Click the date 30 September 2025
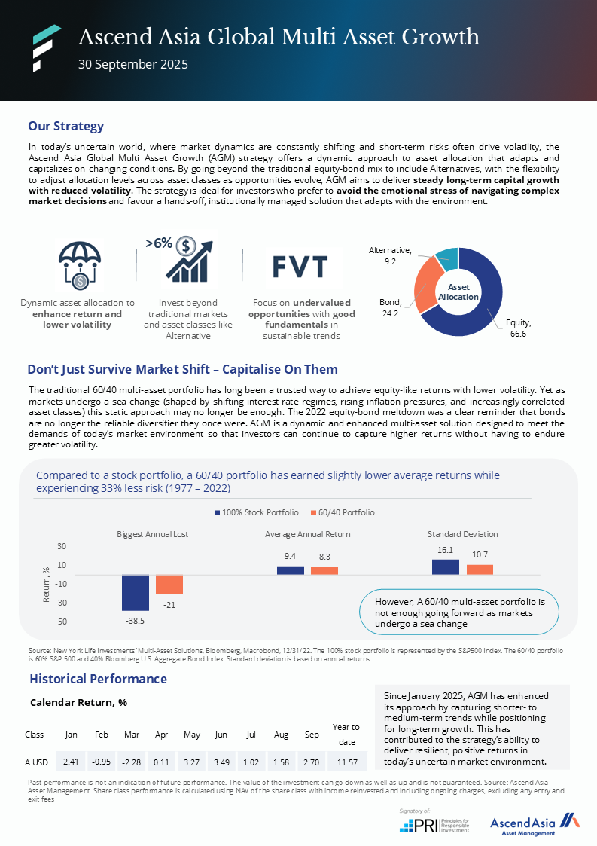click(x=133, y=64)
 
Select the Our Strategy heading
click(x=65, y=126)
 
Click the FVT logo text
click(x=300, y=267)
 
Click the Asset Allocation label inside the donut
click(x=458, y=292)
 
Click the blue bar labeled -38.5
click(x=136, y=593)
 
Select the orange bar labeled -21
click(x=169, y=585)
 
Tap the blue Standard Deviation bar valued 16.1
click(x=446, y=567)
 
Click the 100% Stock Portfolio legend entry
click(x=256, y=512)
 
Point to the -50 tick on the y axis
click(x=61, y=622)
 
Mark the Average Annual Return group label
click(x=307, y=534)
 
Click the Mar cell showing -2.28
click(x=132, y=762)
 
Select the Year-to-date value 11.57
click(x=348, y=762)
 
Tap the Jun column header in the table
click(x=221, y=734)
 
